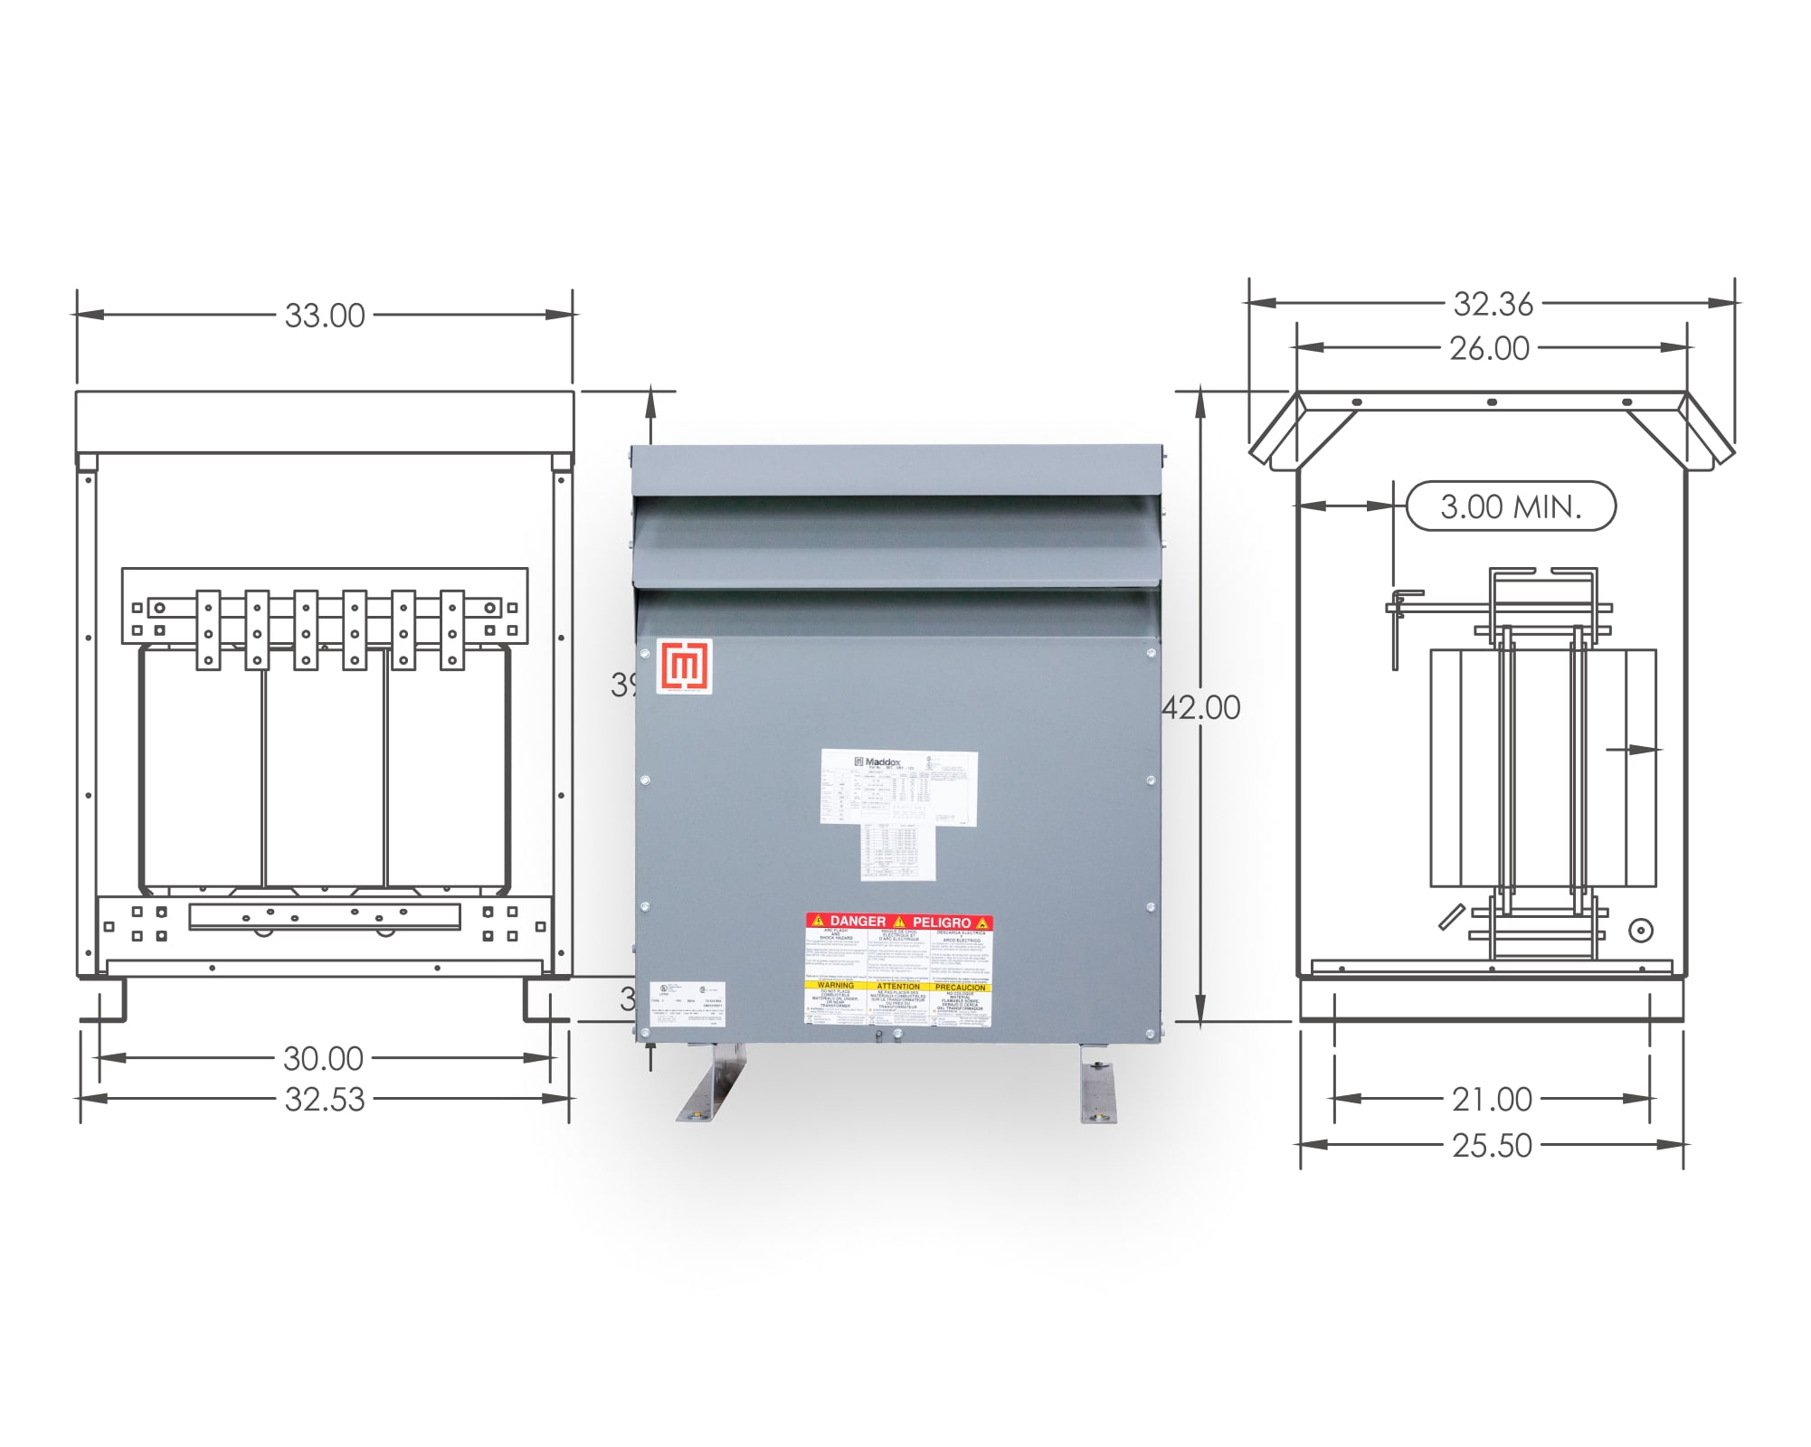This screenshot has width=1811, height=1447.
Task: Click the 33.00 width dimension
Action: pos(325,316)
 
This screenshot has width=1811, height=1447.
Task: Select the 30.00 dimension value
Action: pos(323,1058)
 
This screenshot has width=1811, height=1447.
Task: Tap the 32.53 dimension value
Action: pos(325,1099)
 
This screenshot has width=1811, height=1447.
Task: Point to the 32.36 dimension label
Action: pos(1493,305)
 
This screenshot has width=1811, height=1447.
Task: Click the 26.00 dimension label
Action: pos(1489,348)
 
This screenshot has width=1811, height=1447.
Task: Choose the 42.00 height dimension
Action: pos(1202,708)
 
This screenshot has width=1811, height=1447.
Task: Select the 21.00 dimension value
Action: pos(1492,1100)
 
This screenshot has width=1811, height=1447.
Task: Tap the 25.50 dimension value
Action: pos(1492,1145)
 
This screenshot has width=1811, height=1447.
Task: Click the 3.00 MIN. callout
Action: pos(1511,506)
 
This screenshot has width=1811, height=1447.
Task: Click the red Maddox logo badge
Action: pos(685,667)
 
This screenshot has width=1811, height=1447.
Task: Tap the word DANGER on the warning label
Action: pos(857,922)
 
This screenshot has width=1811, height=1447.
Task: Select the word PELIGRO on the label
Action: pos(942,922)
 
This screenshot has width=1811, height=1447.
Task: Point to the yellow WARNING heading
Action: pos(836,986)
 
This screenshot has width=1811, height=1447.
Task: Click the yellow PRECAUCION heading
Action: pos(961,987)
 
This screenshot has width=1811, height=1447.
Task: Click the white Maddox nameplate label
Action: pos(899,788)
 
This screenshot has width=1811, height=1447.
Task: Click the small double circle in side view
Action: pos(1640,930)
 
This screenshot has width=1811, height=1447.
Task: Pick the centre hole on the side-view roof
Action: pos(1492,402)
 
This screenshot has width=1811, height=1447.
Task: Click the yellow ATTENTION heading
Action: pos(898,987)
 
